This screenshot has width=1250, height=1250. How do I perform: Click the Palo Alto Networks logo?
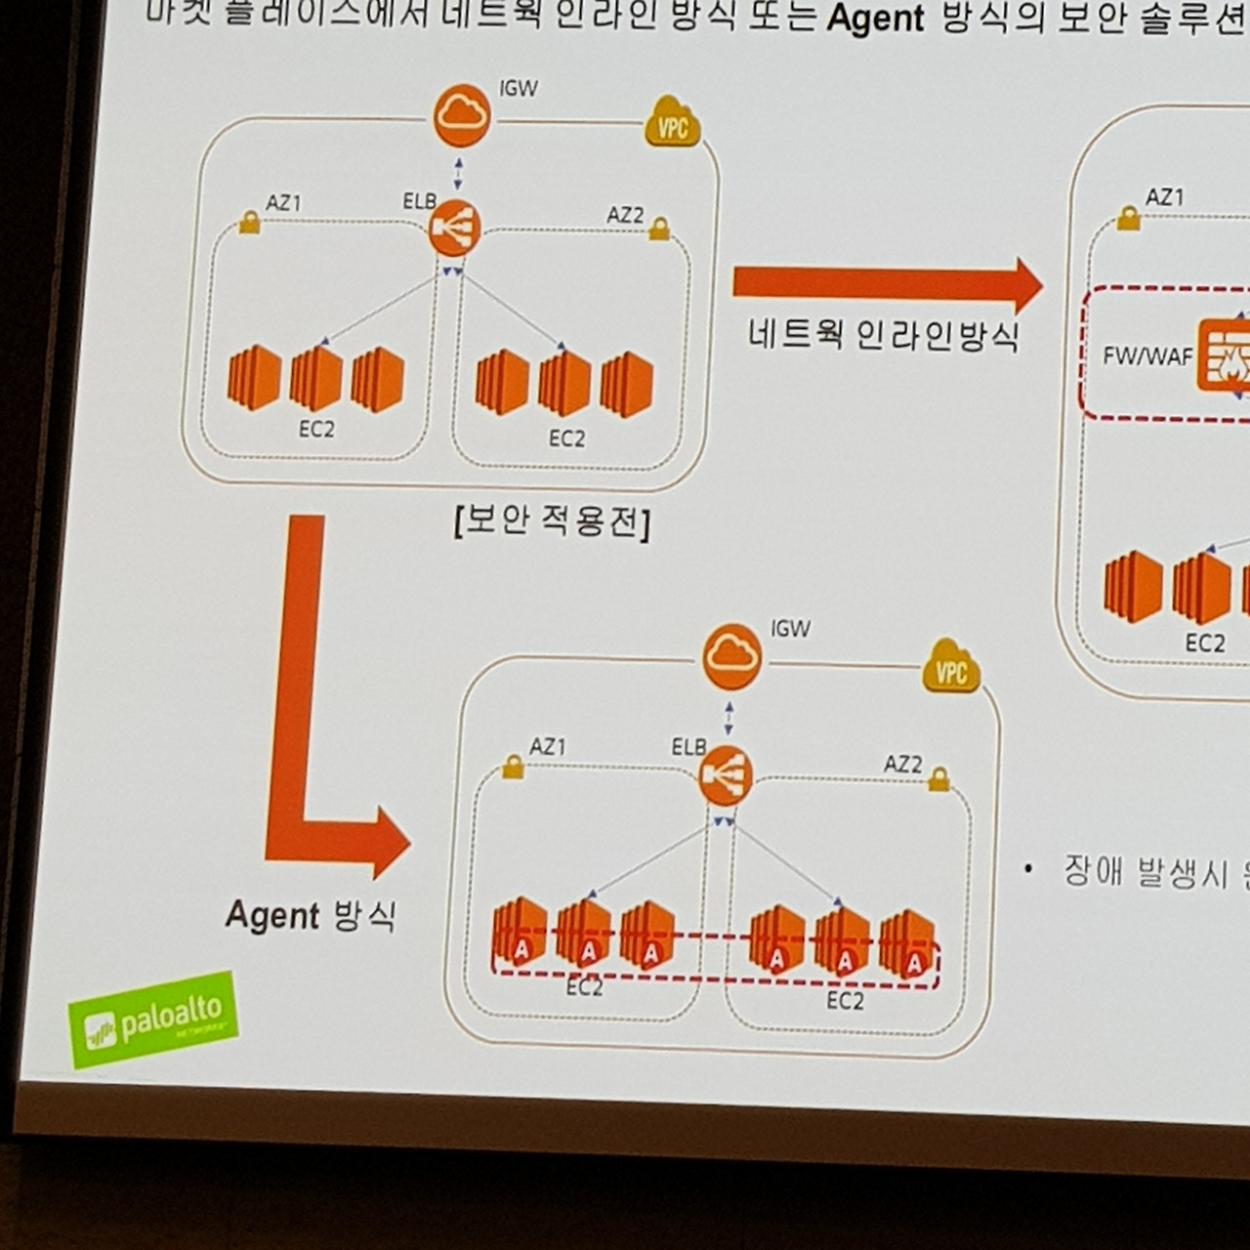[153, 1019]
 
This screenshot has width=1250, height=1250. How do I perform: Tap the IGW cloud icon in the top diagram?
[461, 115]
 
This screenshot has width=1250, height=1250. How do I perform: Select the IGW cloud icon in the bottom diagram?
[731, 655]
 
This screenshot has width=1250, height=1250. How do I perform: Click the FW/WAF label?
[1147, 355]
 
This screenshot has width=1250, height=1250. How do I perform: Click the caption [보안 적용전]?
[552, 521]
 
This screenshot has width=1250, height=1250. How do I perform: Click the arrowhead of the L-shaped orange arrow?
[389, 842]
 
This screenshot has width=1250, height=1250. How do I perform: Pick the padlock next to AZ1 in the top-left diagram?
[249, 225]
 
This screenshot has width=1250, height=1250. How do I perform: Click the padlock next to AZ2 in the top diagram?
[660, 229]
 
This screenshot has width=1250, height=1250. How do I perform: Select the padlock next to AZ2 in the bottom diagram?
[938, 779]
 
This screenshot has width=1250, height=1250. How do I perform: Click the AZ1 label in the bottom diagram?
[548, 747]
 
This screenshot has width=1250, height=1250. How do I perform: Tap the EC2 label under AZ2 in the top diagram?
[566, 438]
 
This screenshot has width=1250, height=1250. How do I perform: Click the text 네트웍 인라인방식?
[884, 336]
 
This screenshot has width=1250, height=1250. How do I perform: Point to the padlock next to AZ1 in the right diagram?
[1129, 219]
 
